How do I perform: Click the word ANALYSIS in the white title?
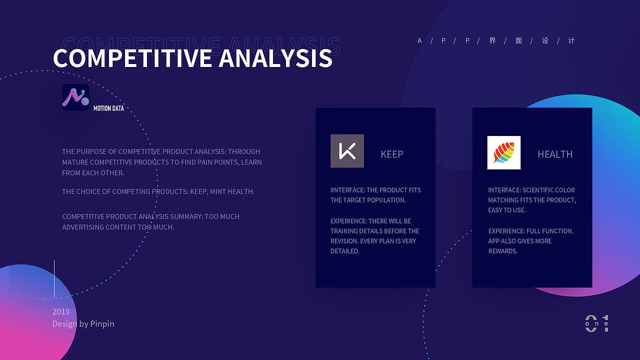[275, 58]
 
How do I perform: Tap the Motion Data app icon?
[75, 97]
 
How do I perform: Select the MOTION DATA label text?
[108, 108]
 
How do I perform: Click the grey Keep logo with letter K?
[347, 151]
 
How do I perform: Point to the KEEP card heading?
[391, 154]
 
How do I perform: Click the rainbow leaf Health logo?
[503, 152]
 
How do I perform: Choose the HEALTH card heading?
[555, 154]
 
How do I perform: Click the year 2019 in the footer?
[61, 311]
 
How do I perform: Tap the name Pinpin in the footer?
[102, 323]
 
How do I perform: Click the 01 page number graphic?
[597, 323]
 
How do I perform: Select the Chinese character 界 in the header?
[492, 40]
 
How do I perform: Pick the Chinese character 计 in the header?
[571, 40]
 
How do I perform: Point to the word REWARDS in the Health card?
[503, 251]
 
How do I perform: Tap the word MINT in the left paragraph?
[217, 191]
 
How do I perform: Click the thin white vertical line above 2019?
[54, 278]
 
